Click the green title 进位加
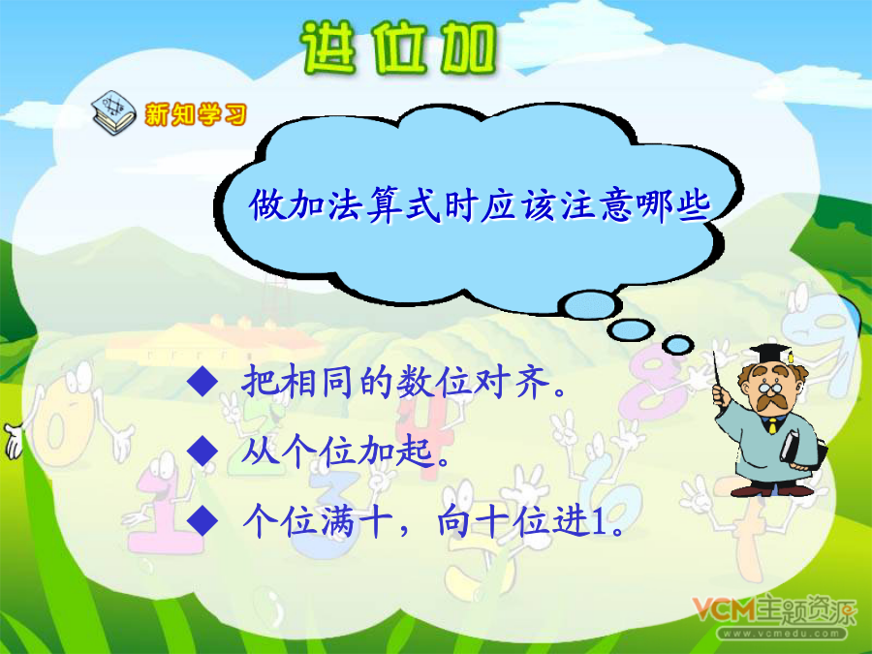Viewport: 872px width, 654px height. pyautogui.click(x=398, y=48)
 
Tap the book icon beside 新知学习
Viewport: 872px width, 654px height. pyautogui.click(x=113, y=113)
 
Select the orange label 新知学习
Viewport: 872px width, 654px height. pyautogui.click(x=195, y=114)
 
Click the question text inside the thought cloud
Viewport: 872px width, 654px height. pyautogui.click(x=480, y=205)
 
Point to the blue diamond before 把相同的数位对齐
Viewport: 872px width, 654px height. pyautogui.click(x=202, y=381)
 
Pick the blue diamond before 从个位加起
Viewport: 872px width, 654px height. pyautogui.click(x=202, y=451)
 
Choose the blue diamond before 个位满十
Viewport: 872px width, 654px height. pyautogui.click(x=202, y=520)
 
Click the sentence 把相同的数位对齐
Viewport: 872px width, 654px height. pyautogui.click(x=404, y=382)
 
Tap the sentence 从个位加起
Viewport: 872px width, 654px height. pyautogui.click(x=345, y=451)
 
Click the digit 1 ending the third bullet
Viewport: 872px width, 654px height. pyautogui.click(x=600, y=522)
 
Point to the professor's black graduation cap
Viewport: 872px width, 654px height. pyautogui.click(x=771, y=354)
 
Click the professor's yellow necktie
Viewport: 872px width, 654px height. pyautogui.click(x=772, y=426)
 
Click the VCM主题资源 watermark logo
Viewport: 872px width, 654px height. pyautogui.click(x=775, y=610)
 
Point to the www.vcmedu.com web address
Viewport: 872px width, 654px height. pyautogui.click(x=781, y=634)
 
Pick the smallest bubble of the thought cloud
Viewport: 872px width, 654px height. pyautogui.click(x=678, y=345)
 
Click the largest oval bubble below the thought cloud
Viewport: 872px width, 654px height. pyautogui.click(x=590, y=305)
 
